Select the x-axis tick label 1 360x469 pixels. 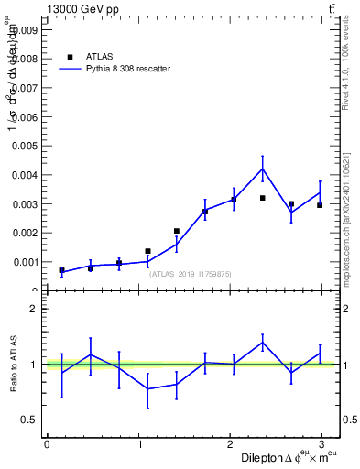tap(138, 445)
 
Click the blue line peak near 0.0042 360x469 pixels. tap(262, 169)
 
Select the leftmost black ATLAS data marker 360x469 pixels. tap(61, 270)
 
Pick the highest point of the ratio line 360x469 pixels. tap(262, 343)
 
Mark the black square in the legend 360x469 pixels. tap(70, 56)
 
